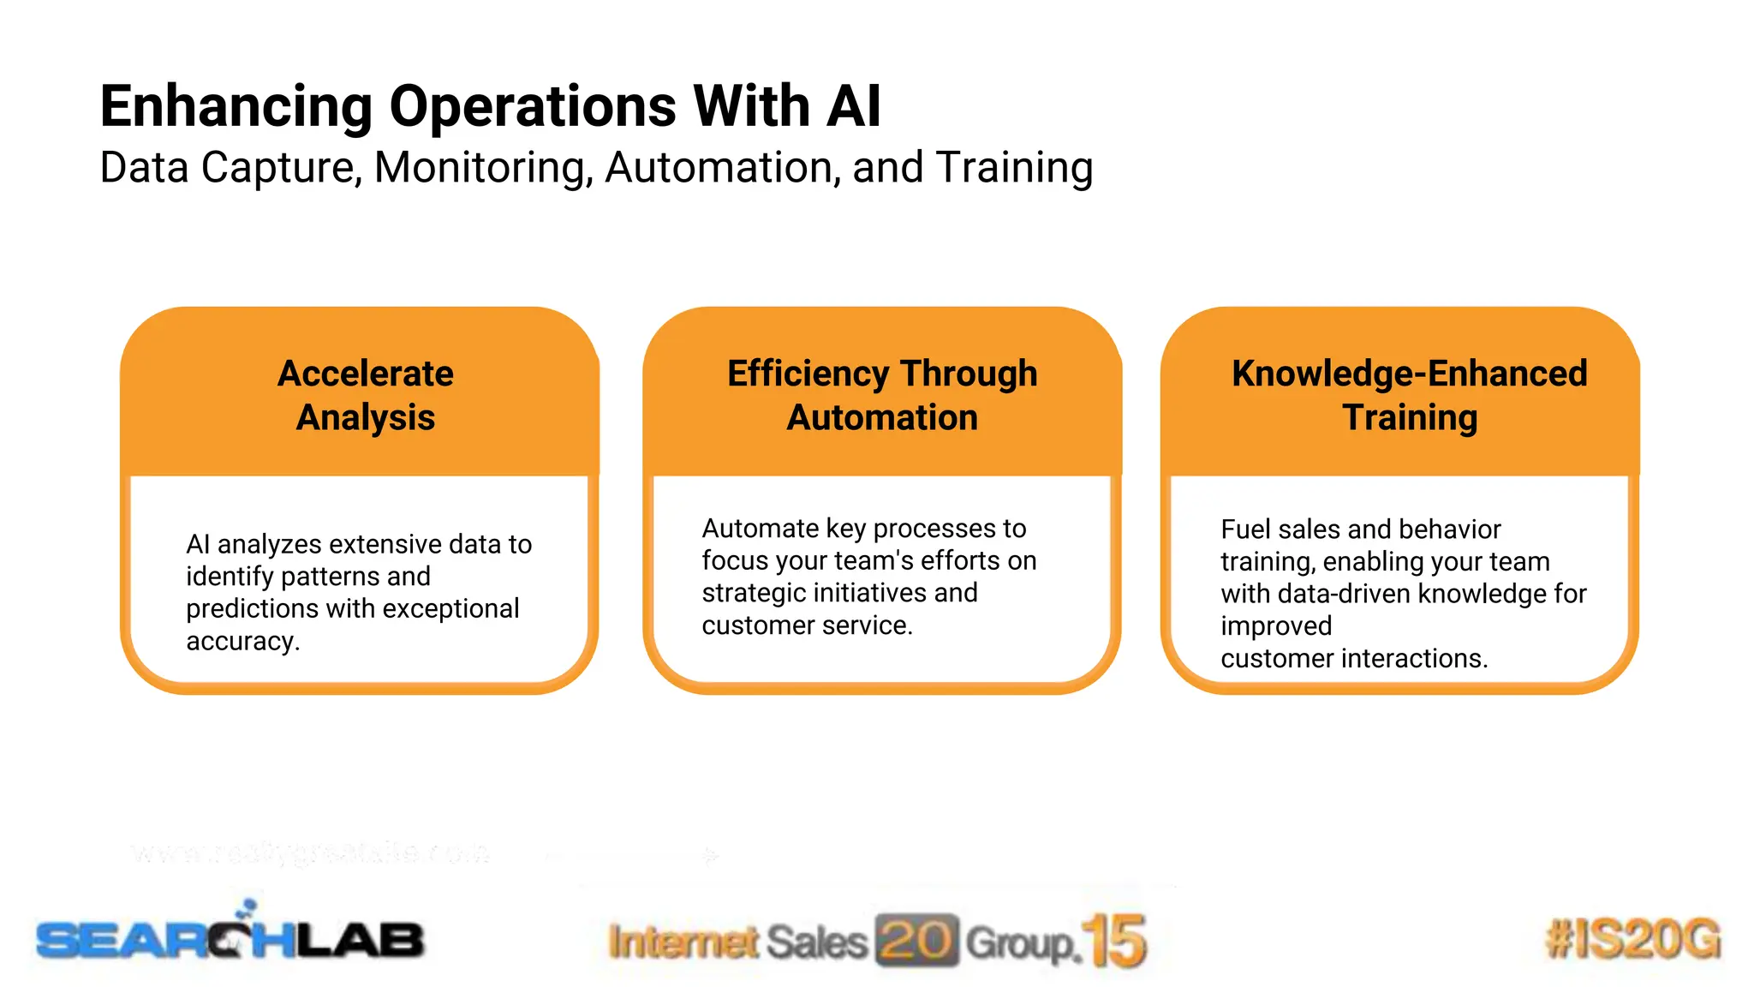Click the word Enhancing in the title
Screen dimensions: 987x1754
coord(236,107)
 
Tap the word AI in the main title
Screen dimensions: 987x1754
coord(853,107)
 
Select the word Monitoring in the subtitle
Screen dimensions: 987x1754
coord(483,168)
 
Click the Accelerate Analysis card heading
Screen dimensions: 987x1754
coord(366,396)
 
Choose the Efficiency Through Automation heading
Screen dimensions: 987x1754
coord(882,396)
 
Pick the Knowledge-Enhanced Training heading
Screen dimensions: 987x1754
coord(1409,396)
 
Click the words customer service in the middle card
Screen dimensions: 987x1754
coord(806,625)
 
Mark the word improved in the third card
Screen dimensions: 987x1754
coord(1275,626)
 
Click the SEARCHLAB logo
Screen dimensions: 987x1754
coord(230,938)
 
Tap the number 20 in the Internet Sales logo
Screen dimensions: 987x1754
coord(916,940)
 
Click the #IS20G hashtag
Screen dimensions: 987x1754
coord(1632,938)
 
